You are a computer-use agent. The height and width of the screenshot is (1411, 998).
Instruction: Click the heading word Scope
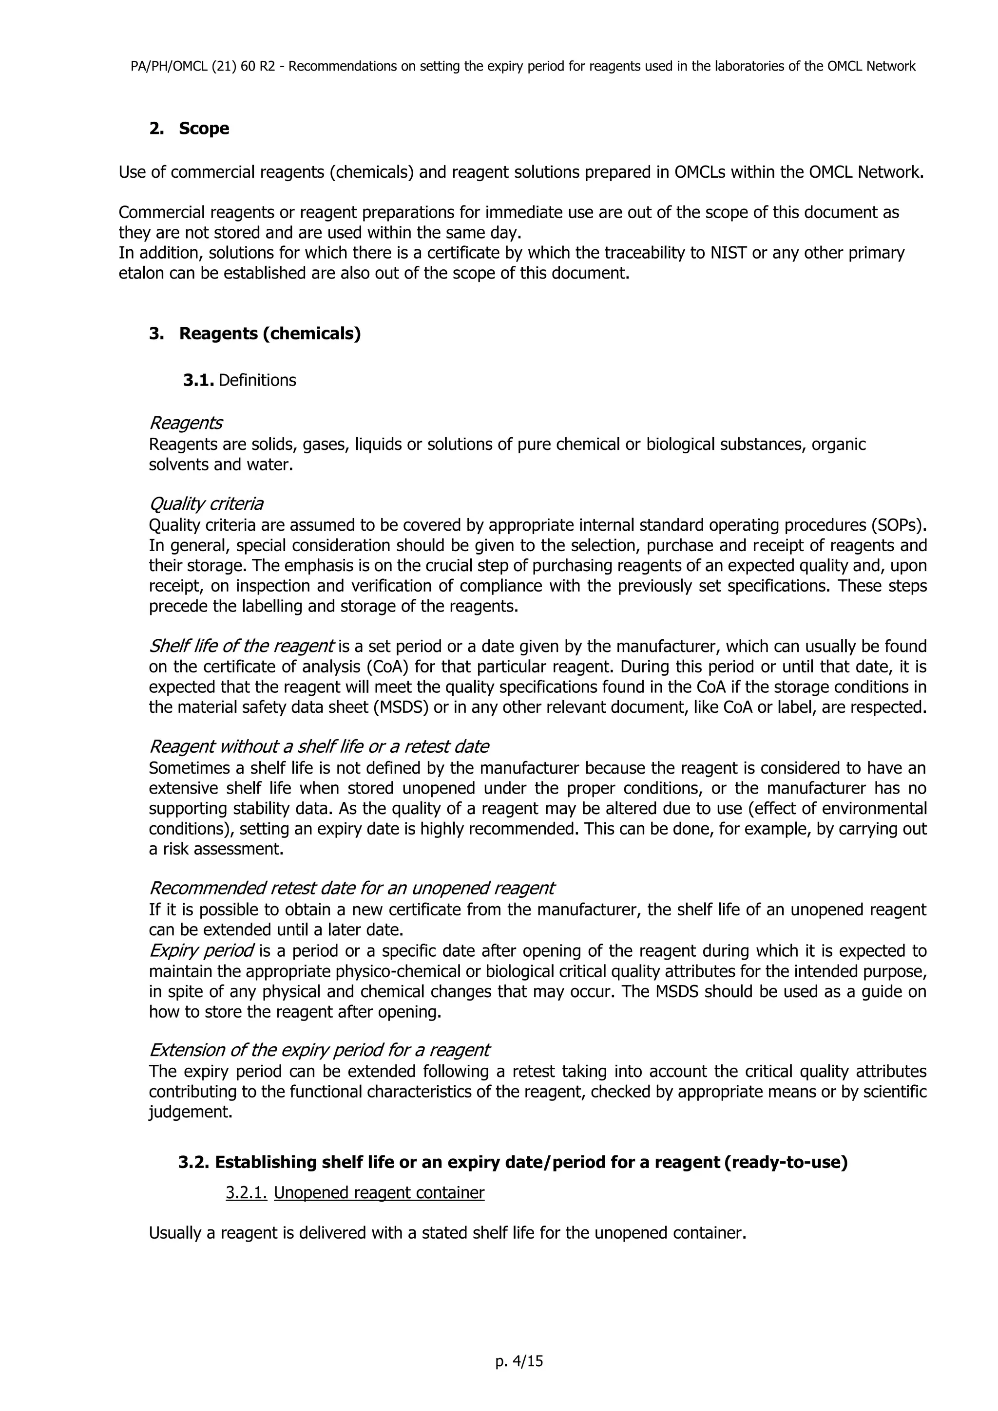click(204, 129)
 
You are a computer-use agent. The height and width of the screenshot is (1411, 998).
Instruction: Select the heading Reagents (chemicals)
click(269, 334)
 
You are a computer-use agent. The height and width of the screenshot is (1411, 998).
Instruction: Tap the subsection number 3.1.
click(197, 380)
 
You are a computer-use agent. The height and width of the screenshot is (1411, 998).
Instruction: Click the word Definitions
click(257, 380)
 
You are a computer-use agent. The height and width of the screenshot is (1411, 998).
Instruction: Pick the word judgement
click(191, 1113)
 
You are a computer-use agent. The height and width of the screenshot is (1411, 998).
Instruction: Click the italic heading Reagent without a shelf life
click(319, 747)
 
